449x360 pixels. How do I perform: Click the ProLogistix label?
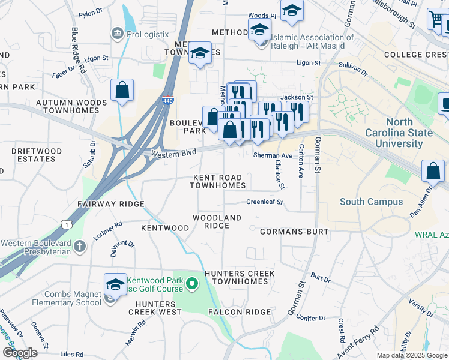click(x=147, y=34)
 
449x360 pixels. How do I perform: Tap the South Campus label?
click(x=371, y=202)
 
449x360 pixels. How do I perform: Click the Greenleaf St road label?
click(x=264, y=202)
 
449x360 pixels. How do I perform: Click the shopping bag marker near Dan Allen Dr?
click(x=433, y=171)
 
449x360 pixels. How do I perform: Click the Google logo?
click(x=20, y=352)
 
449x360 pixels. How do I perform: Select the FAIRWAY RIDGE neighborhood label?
click(x=111, y=204)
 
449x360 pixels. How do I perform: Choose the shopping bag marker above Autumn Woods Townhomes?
click(x=122, y=91)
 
